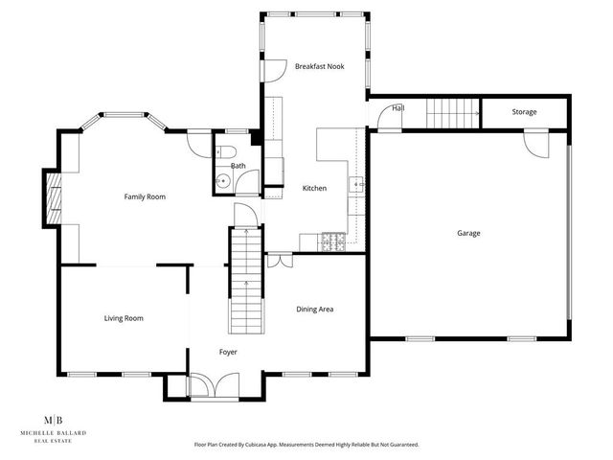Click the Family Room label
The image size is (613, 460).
pos(145,196)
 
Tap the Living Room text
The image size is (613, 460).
pos(124,318)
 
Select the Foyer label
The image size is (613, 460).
pos(227,352)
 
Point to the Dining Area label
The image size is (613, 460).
pos(314,309)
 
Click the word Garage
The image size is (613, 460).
pos(468,233)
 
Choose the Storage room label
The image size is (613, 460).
pos(524,112)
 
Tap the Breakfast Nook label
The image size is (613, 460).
pos(319,66)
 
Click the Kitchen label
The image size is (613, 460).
pos(314,188)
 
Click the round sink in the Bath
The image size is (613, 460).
pos(222,179)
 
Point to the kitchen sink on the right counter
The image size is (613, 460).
pos(357,183)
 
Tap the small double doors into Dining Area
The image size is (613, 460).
pos(279,259)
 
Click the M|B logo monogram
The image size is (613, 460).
pos(55,420)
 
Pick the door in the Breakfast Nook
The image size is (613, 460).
pos(273,70)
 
